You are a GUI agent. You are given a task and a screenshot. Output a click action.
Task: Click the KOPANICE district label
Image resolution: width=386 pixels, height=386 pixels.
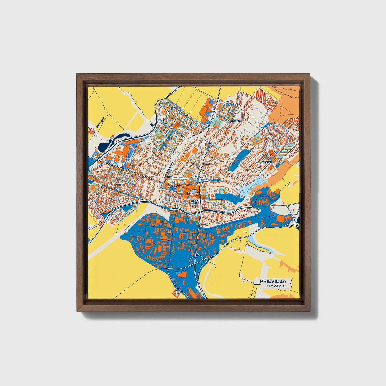pyautogui.click(x=266, y=162)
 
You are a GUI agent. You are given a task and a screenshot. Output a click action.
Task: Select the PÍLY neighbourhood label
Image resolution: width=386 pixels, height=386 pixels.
pyautogui.click(x=119, y=185)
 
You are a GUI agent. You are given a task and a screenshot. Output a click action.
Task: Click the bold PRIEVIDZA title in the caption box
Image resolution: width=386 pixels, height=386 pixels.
pyautogui.click(x=273, y=281)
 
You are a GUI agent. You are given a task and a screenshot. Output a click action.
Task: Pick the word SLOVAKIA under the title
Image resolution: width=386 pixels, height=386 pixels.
pyautogui.click(x=275, y=286)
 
